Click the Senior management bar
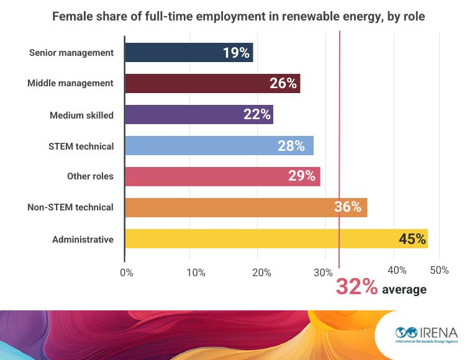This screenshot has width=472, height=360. point(180,53)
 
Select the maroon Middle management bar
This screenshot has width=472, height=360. point(205,83)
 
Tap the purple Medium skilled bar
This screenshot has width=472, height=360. point(193,114)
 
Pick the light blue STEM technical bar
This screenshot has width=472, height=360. point(211,146)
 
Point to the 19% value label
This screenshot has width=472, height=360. point(236,53)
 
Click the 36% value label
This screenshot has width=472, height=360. point(348,207)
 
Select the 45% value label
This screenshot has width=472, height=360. point(412,239)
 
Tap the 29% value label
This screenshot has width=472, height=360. point(301,176)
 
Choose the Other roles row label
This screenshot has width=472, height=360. point(90,176)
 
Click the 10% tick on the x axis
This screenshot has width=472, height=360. point(196,272)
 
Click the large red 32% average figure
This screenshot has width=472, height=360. point(356,287)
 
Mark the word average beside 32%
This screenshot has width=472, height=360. point(404,290)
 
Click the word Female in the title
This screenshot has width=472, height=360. point(70,17)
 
